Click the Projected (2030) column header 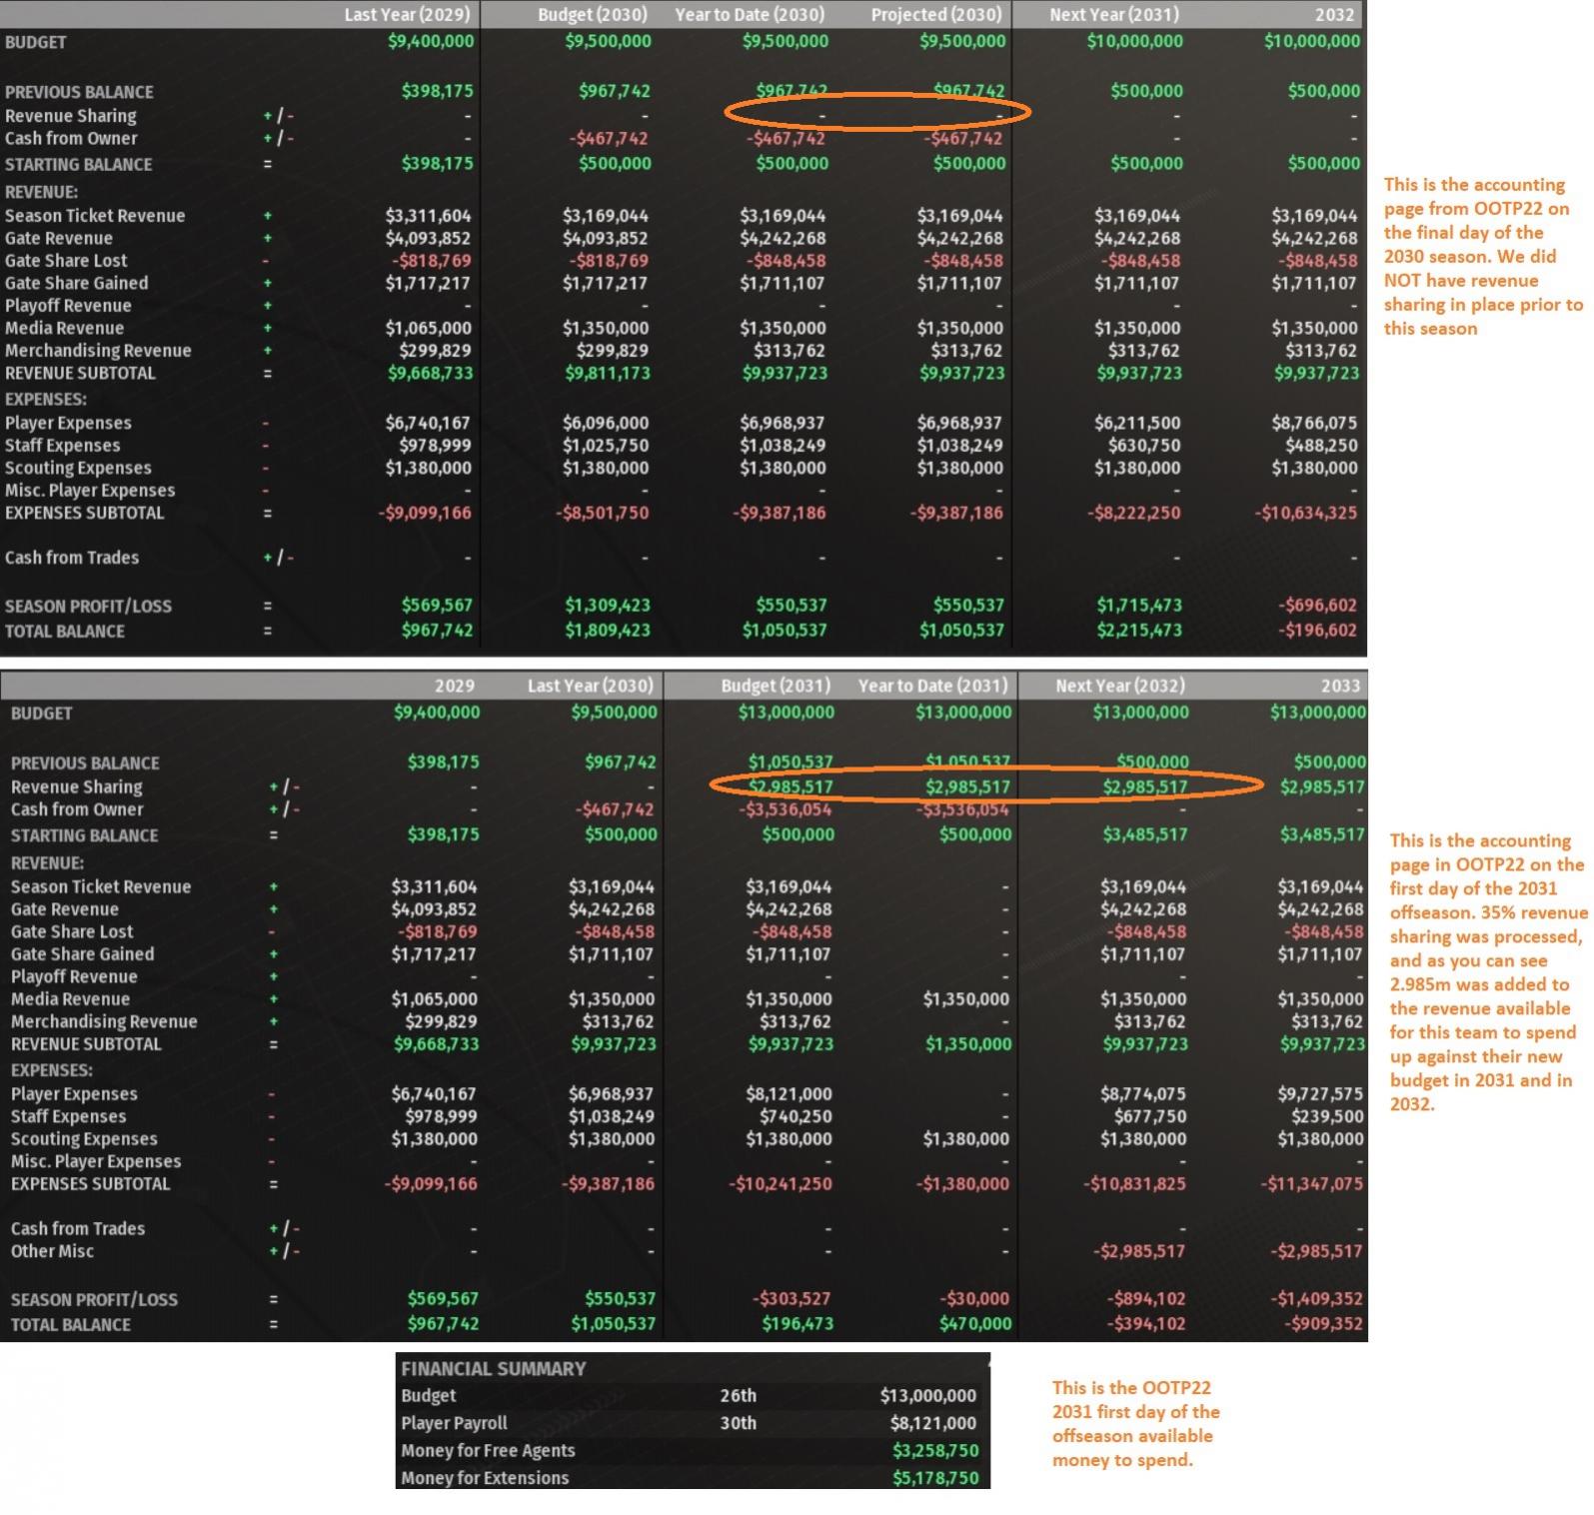[935, 15]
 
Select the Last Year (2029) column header [407, 15]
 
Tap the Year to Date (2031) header [932, 687]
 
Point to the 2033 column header [1340, 687]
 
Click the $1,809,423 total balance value [607, 631]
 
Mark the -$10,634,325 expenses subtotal [1307, 514]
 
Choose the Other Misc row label [52, 1251]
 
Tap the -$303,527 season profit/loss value [792, 1299]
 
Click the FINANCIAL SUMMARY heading [494, 1369]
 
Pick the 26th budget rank [739, 1396]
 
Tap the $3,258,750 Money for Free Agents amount [935, 1451]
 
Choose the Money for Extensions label [485, 1478]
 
